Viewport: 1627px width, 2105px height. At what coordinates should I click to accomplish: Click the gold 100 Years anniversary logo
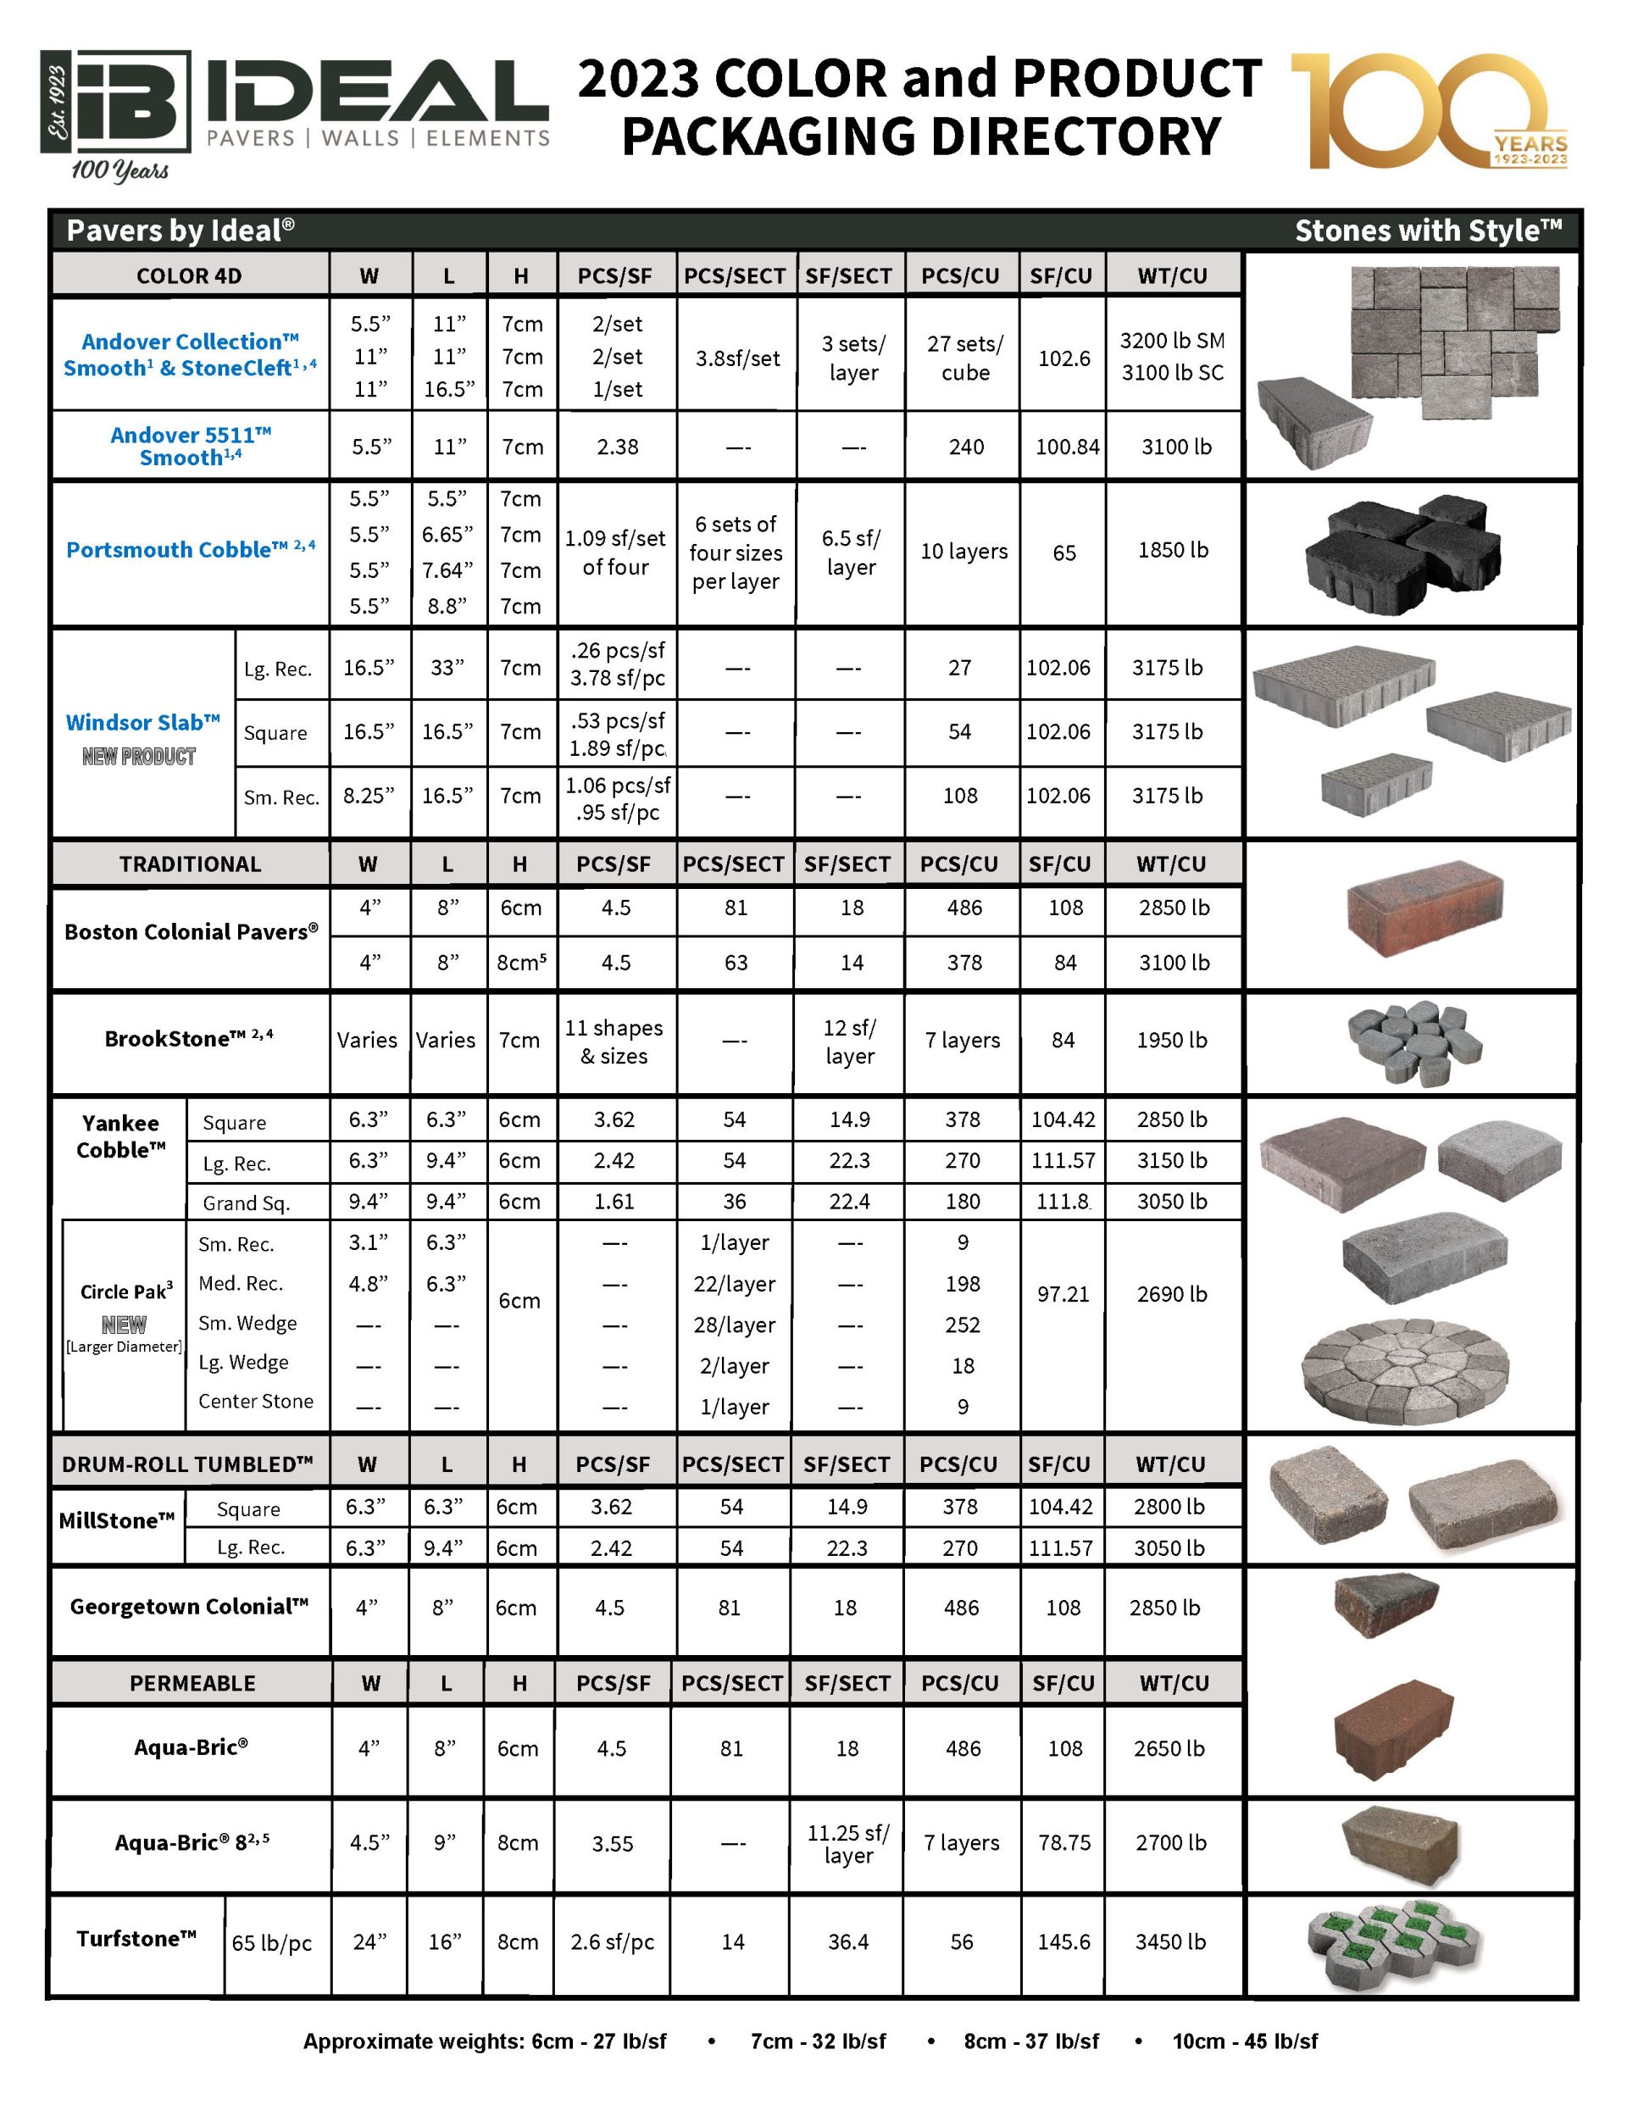[x=1430, y=111]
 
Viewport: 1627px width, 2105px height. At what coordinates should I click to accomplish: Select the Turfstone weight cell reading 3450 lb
[x=1170, y=1941]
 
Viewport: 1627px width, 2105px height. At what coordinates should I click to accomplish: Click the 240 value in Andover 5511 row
[x=965, y=447]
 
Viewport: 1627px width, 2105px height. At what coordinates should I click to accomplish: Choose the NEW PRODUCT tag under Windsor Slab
[x=139, y=757]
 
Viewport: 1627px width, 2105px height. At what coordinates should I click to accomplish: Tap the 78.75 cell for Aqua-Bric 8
[x=1064, y=1842]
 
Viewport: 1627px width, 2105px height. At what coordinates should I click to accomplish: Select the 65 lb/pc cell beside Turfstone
[x=272, y=1942]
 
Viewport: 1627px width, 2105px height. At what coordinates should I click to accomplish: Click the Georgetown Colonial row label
[x=189, y=1606]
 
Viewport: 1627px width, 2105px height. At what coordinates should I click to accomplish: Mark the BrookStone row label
[x=189, y=1038]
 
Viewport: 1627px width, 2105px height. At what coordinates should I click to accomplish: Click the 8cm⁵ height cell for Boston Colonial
[x=521, y=962]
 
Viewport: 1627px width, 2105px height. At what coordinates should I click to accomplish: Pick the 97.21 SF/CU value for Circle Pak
[x=1063, y=1293]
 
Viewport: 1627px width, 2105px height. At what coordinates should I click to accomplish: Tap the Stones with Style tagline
[x=1428, y=230]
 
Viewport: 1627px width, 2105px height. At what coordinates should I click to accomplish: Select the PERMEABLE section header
[x=192, y=1683]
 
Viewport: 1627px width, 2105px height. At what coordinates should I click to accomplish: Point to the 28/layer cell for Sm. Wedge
[x=735, y=1325]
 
